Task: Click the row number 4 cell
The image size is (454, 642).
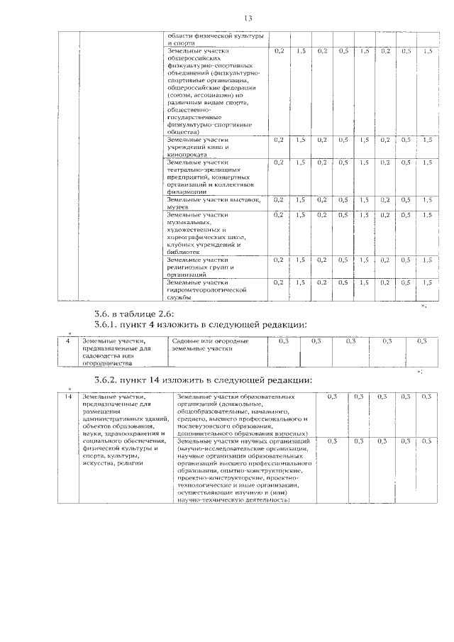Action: [67, 342]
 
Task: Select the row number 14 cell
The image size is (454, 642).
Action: [68, 397]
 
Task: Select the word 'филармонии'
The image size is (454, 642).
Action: [187, 192]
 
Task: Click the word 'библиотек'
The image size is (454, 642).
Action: [184, 251]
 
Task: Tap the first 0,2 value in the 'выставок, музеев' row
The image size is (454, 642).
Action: [279, 199]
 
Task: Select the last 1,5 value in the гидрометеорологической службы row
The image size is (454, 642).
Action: [426, 282]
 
